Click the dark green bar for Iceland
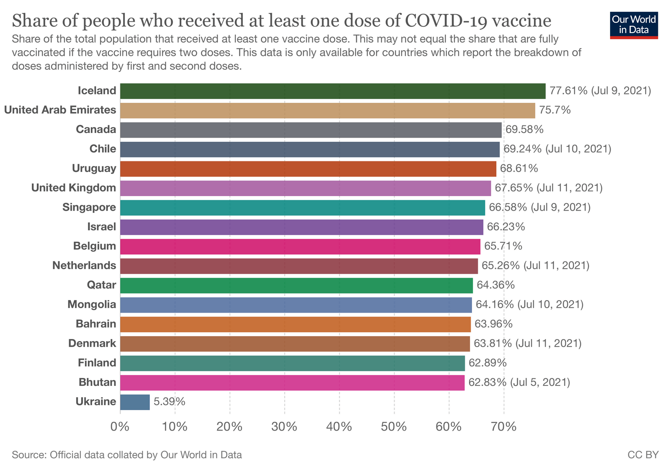coord(332,91)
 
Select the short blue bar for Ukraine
coord(135,402)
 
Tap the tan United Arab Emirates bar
coord(327,110)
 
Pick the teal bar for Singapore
coord(302,208)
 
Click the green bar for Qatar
coord(296,286)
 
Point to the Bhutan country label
coord(97,382)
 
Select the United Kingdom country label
coord(74,188)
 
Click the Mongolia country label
coord(92,304)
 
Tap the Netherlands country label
coord(84,265)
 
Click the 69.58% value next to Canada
coord(524,130)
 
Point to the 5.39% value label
coord(169,402)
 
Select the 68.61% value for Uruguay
coord(519,168)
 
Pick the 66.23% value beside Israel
coord(506,227)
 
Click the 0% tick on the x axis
coord(120,427)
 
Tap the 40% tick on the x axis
coord(339,427)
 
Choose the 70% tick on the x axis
coord(504,427)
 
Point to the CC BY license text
coord(643,455)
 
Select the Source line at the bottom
coord(127,455)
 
